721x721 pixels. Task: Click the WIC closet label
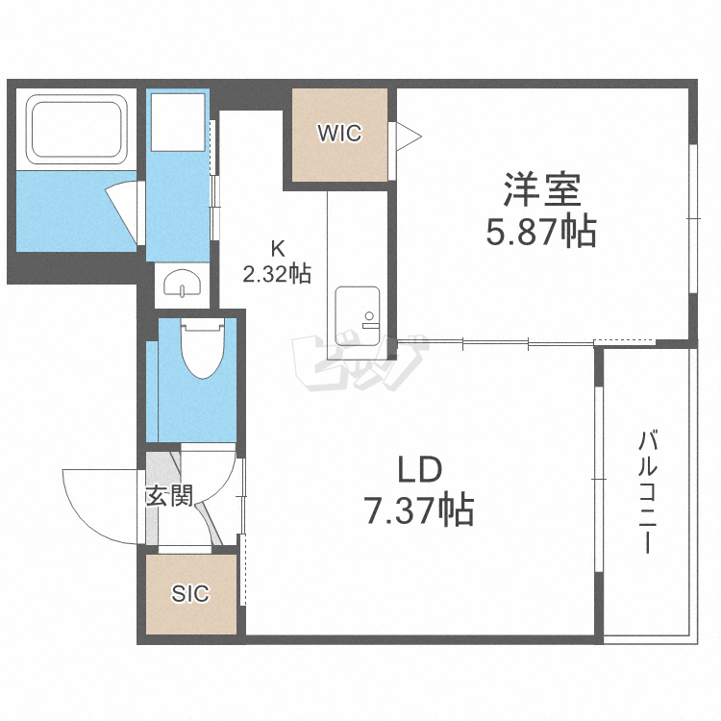tap(340, 134)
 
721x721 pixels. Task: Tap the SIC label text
tap(189, 594)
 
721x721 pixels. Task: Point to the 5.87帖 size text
tap(541, 232)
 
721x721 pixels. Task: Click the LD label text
tap(419, 470)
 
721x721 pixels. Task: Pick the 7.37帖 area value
tap(419, 510)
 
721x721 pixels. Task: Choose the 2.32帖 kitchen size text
tap(277, 274)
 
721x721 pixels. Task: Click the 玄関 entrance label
tap(169, 496)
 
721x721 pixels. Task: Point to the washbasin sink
tap(183, 285)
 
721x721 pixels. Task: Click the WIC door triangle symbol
tap(405, 136)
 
